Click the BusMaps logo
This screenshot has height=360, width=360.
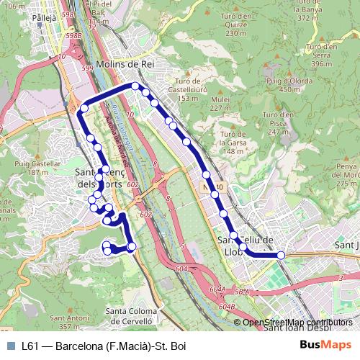[325, 345]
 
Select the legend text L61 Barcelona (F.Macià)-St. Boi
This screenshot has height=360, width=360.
[104, 346]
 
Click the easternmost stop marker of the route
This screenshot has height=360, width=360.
[281, 255]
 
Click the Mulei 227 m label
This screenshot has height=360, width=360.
[221, 104]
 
